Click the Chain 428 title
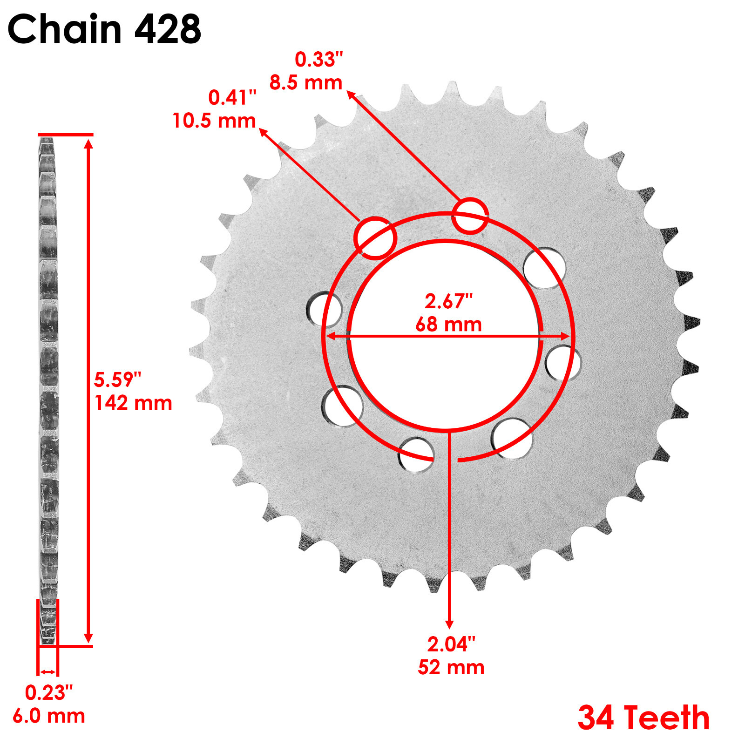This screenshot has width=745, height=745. (x=104, y=29)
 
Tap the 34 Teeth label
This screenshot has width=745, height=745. (x=643, y=718)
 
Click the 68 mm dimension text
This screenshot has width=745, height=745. (x=448, y=325)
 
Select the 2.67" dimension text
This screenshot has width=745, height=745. (x=448, y=302)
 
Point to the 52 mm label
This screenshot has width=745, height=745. (x=451, y=668)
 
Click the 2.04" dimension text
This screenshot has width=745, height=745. (x=451, y=644)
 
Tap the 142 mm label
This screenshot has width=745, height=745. (x=133, y=403)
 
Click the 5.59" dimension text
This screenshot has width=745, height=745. (x=117, y=380)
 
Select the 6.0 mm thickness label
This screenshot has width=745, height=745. (x=48, y=716)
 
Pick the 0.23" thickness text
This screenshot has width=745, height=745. (x=48, y=693)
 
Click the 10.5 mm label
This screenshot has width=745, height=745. (x=214, y=121)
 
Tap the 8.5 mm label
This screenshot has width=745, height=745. (x=306, y=83)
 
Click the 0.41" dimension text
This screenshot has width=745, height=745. (x=232, y=98)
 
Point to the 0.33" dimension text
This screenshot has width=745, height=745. (x=318, y=60)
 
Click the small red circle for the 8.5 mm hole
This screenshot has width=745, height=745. (x=470, y=216)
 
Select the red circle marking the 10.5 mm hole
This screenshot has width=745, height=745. (x=375, y=238)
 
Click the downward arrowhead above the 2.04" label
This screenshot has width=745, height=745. (x=449, y=624)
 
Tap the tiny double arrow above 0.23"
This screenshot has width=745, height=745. (x=47, y=672)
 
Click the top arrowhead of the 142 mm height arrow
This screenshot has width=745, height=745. (x=88, y=143)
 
